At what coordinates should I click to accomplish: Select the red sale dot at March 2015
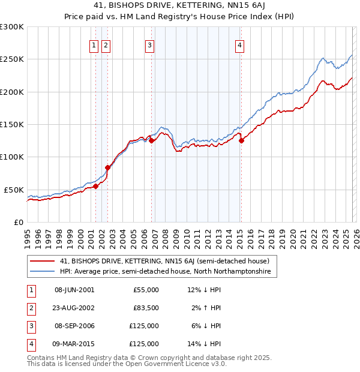[x=241, y=141]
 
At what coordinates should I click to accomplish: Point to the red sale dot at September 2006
[x=151, y=141]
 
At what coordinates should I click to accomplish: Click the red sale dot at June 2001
[x=95, y=186]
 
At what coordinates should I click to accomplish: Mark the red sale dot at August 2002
[x=108, y=167]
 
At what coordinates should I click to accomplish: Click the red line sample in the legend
[x=42, y=261]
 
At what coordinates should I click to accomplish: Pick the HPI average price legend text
[x=165, y=272]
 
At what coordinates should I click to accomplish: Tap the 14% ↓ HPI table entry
[x=204, y=344]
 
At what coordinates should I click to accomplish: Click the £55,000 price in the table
[x=146, y=290]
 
